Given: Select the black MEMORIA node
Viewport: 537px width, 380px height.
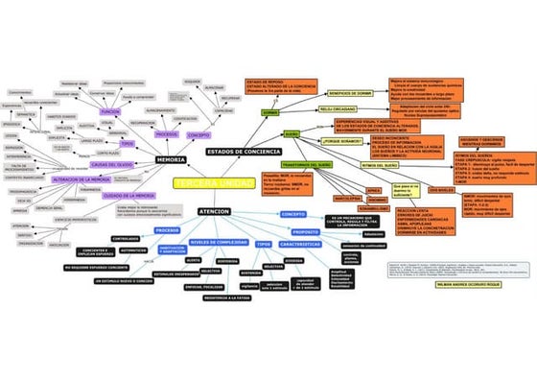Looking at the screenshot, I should (171, 159).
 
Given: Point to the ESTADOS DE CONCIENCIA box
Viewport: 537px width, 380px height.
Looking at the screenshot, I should (245, 151).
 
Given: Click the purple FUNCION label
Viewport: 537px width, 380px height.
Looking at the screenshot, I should (110, 112).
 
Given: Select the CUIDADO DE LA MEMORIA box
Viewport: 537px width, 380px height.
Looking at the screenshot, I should (131, 195).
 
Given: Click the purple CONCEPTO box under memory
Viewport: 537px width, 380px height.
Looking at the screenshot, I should (198, 135).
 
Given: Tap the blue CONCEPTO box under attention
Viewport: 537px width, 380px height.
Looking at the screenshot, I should (292, 214).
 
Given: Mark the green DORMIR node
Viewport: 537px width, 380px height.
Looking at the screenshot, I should (270, 112).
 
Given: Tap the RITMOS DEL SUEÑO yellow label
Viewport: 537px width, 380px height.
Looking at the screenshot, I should (381, 165).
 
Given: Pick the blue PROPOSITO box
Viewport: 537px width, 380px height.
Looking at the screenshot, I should (305, 232).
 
